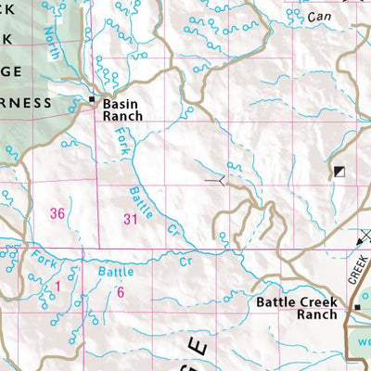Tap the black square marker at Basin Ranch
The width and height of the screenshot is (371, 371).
pos(92,98)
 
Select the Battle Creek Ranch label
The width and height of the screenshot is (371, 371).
pos(297,307)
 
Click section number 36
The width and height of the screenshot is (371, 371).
pos(58,213)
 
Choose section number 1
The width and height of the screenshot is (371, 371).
pos(57,288)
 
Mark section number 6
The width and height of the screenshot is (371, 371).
pos(121,291)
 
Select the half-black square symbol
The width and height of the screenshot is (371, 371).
pos(339,172)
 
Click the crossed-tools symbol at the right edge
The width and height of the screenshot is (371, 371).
pos(363,238)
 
